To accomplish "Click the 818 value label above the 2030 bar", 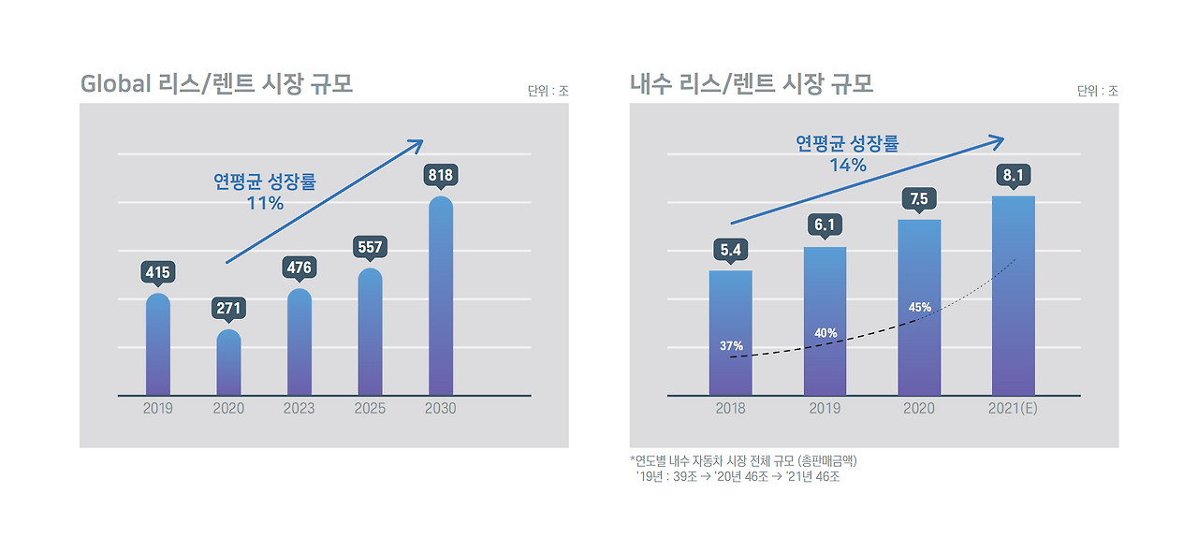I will pos(440,175).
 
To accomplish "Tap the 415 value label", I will pos(158,272).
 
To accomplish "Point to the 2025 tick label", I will pos(370,409).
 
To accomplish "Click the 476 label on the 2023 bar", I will pos(299,268).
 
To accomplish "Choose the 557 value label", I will pos(370,247).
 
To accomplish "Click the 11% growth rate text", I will pos(265,203).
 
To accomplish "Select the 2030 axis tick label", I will pos(440,409).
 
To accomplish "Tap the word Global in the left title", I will pos(115,83).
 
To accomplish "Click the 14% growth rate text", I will pos(847,166).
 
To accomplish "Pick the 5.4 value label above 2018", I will pos(730,250).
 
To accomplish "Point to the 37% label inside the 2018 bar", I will pos(731,346).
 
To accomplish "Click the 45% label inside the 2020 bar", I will pos(919,307).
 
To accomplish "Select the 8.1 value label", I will pos(1013,175).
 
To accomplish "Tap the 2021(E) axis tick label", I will pos(1013,409).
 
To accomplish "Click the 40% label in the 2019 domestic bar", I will pos(825,333).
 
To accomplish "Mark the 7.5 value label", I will pos(919,198).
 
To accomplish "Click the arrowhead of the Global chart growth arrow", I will pos(417,144).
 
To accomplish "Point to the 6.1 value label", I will pos(825,225).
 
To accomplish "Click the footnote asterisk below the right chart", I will pos(633,459).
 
